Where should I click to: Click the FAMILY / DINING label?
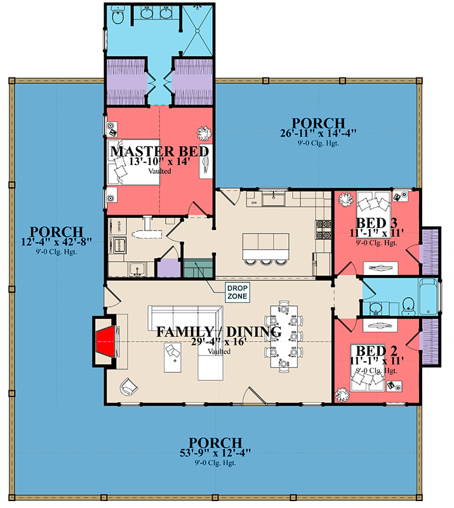(219, 331)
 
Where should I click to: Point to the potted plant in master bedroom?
(203, 133)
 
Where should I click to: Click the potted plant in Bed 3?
(345, 200)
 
